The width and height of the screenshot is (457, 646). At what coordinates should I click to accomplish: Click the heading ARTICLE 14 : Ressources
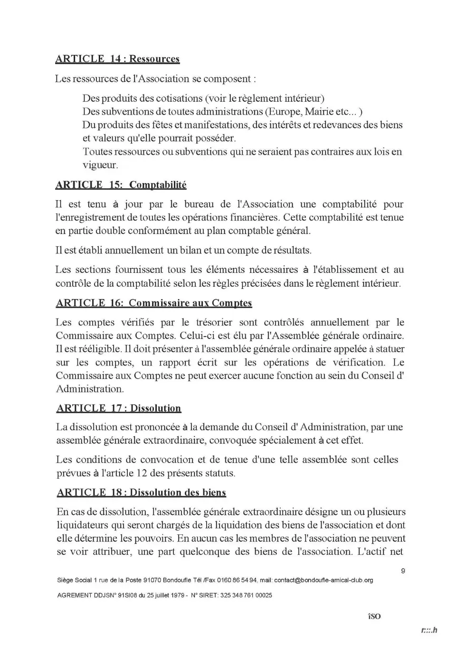117,59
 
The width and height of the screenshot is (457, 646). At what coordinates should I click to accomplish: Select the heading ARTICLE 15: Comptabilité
121,185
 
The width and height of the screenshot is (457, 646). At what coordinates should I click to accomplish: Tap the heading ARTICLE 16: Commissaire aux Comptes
154,303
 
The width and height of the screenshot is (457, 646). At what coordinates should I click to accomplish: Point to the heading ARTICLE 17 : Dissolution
119,408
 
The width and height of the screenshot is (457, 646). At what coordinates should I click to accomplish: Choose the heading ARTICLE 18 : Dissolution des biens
141,492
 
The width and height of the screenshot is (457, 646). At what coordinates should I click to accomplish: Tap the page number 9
403,571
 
